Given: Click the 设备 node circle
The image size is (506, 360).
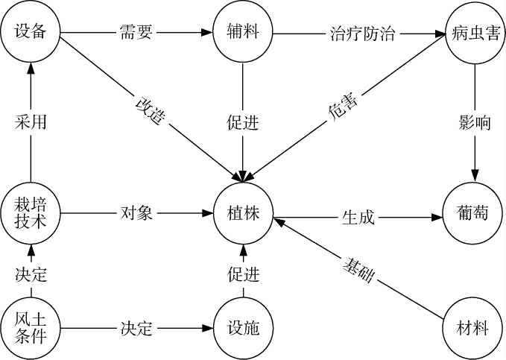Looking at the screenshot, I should (30, 33).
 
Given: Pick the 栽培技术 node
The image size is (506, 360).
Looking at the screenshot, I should (30, 212).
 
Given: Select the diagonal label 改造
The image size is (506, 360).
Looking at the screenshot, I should (149, 108).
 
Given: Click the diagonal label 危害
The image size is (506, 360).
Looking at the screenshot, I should (342, 109).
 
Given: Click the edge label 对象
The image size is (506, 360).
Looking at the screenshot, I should (136, 213).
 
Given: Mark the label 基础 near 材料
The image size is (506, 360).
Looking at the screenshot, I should (358, 271).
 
